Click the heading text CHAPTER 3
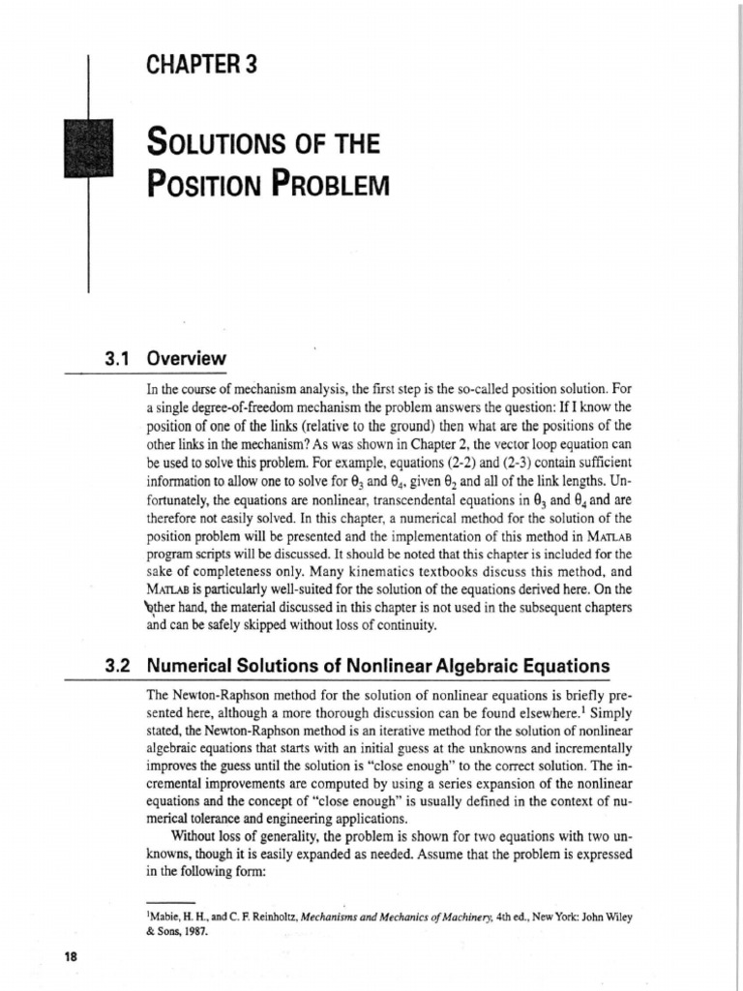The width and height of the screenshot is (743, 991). pos(201,67)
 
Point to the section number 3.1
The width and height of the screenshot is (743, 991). pos(116,357)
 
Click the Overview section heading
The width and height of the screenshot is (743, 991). pos(186,357)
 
